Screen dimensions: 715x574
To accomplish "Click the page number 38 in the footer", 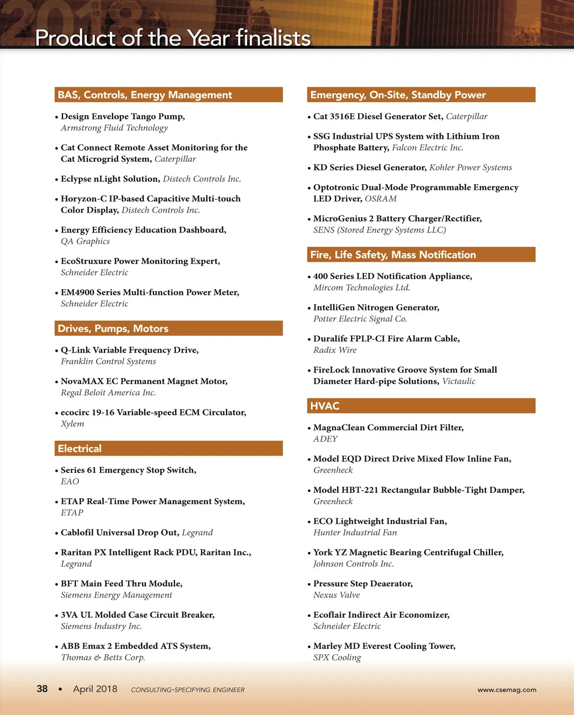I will click(x=42, y=689).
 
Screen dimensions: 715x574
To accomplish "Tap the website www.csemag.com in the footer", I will click(x=507, y=690).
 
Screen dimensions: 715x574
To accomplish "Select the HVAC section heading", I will click(x=325, y=406).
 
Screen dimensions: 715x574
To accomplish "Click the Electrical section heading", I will click(x=79, y=448).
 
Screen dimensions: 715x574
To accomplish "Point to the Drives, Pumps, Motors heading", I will click(x=113, y=328).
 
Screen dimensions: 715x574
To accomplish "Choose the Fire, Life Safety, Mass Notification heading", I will click(x=393, y=255).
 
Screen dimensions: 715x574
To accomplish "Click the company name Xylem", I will click(x=72, y=424).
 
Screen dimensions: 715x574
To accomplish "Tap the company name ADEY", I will click(x=325, y=439).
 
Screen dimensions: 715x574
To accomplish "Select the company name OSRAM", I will click(x=381, y=199).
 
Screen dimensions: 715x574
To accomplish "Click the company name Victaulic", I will click(x=459, y=381).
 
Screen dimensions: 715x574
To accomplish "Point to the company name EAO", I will click(x=70, y=481).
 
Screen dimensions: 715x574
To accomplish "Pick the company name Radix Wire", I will click(x=335, y=350).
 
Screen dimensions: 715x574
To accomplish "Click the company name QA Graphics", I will click(x=85, y=241).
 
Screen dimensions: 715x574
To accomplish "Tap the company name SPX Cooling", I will click(x=337, y=657).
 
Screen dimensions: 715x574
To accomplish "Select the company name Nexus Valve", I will click(x=336, y=595).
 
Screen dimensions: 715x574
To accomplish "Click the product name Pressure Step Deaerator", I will click(x=363, y=583).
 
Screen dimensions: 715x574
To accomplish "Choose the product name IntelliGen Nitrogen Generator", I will click(x=376, y=307).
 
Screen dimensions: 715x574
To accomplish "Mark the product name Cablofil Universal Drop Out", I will click(x=120, y=532).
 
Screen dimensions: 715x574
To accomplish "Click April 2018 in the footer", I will click(x=95, y=689).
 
